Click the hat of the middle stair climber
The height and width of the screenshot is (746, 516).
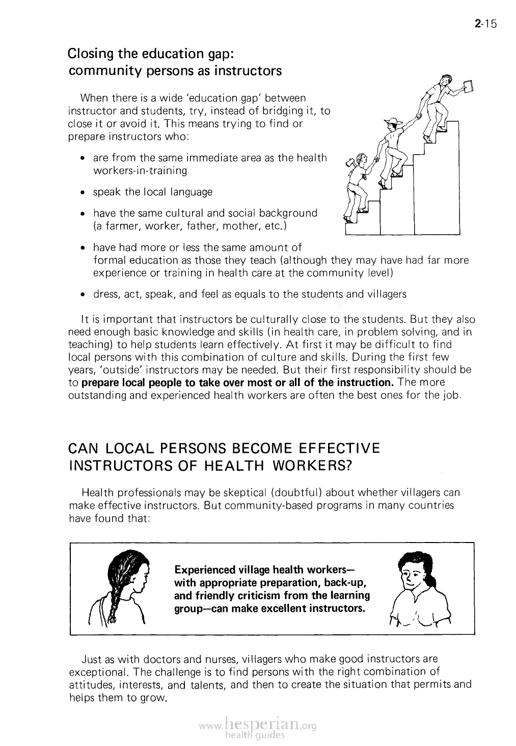coord(392,121)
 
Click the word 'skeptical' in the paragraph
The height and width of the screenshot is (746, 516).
coord(242,493)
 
